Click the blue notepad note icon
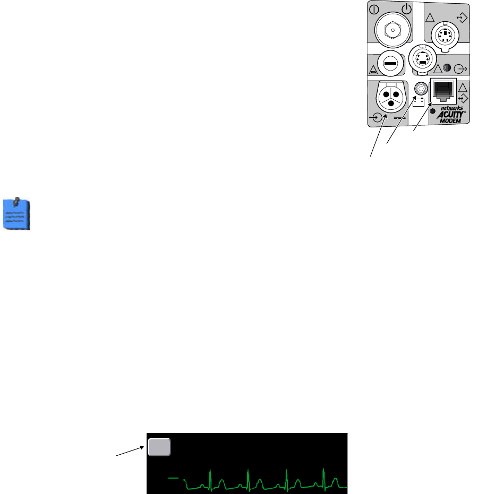pyautogui.click(x=17, y=214)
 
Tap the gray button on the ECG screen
pyautogui.click(x=159, y=447)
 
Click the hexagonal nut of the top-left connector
pyautogui.click(x=393, y=31)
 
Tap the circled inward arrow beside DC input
pyautogui.click(x=378, y=118)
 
